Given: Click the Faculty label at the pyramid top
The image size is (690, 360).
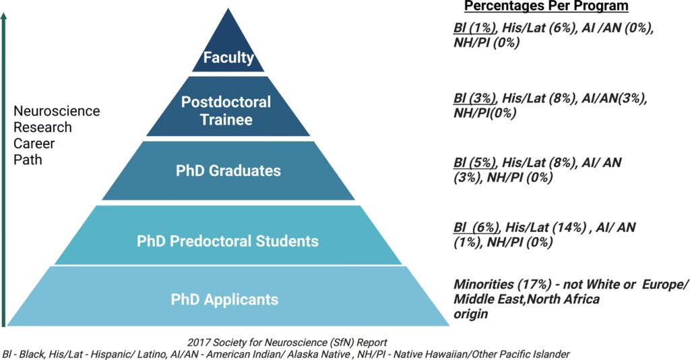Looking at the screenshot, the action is point(228,57).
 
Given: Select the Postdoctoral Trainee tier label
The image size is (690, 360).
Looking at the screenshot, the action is point(226,111).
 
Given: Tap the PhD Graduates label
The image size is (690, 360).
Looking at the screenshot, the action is point(228,171).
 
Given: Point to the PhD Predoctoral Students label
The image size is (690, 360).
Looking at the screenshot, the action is point(228,241).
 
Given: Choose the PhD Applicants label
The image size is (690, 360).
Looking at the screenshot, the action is point(224,299).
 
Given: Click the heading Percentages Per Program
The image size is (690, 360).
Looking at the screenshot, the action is point(546,6).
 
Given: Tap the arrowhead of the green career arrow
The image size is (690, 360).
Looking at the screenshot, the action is point(4,17).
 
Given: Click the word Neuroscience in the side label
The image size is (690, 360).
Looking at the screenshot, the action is point(57,111).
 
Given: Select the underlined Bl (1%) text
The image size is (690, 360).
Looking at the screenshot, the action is point(475,28).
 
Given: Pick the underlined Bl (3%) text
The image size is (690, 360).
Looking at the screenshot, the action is point(475,98).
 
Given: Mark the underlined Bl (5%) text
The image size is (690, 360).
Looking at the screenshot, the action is point(475,162).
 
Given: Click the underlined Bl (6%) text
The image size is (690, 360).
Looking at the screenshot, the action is point(476,227).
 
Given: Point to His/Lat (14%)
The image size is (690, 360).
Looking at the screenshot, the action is point(546,227).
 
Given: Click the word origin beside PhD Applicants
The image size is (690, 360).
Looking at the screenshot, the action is point(471,314).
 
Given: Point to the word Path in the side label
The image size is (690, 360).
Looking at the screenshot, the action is point(28,159).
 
